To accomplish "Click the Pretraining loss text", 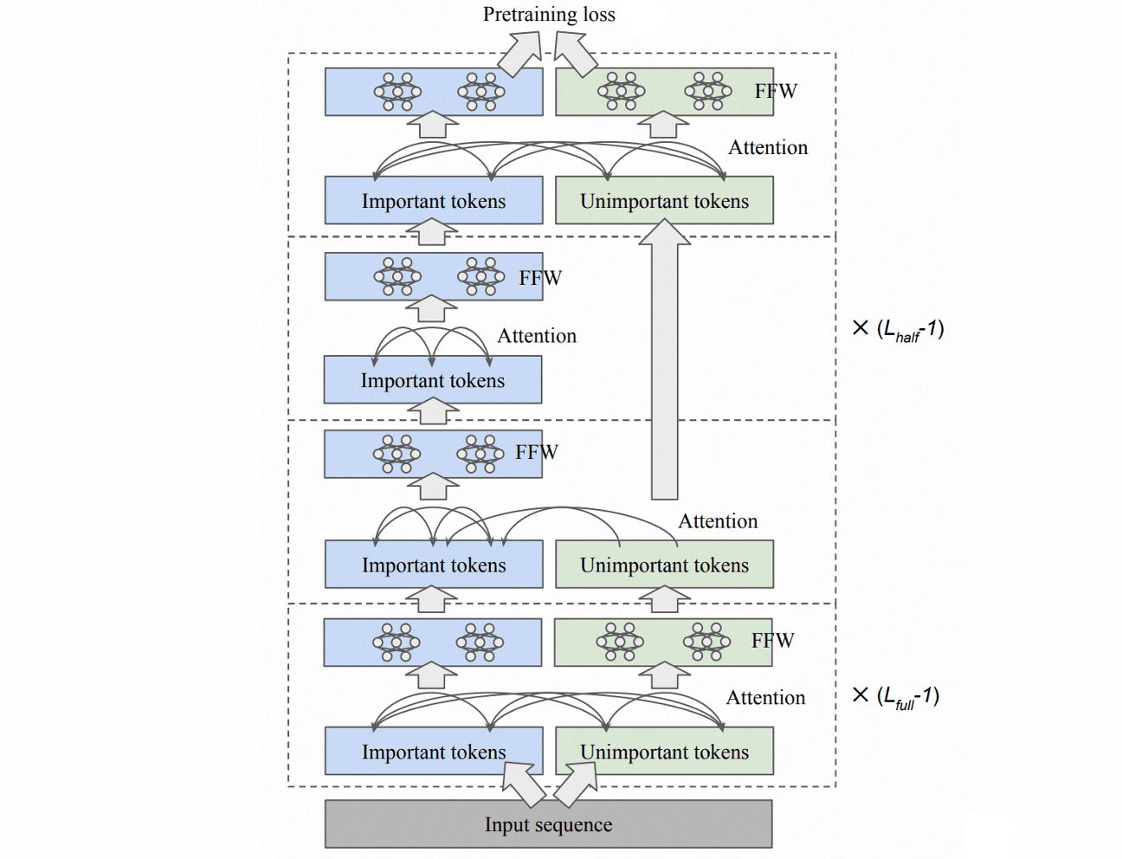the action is point(549,15).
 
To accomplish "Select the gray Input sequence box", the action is point(549,824).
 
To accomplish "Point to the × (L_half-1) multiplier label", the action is point(898,330).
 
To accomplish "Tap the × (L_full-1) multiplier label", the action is point(895,697).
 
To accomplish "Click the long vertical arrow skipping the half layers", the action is point(665,359).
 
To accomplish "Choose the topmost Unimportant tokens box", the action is point(665,200).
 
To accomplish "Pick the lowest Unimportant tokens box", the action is point(665,751).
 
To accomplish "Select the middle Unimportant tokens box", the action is point(665,565).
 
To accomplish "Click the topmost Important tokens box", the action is point(434,200).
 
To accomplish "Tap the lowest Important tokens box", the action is point(434,751).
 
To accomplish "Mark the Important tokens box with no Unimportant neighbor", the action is point(433,380).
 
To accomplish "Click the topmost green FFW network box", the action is point(665,92).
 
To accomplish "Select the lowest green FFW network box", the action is point(663,643).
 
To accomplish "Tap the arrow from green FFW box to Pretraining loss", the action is point(576,54).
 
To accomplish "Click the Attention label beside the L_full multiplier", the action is point(765,698).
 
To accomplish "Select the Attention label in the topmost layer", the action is point(768,148).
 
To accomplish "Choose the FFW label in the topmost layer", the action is point(776,91).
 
